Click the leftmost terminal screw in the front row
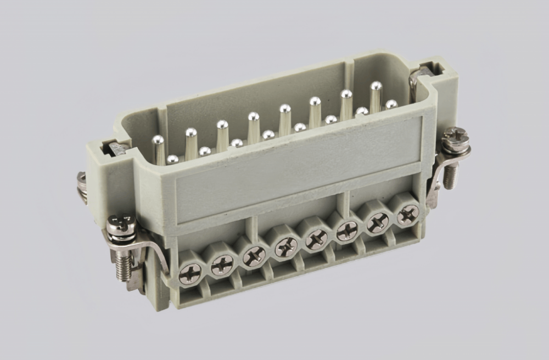(x=191, y=273)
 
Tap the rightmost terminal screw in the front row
(x=408, y=213)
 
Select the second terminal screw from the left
(x=222, y=265)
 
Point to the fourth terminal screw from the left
(x=286, y=248)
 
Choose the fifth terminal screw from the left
(x=317, y=239)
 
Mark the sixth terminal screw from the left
(x=348, y=230)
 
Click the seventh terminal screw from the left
(x=378, y=222)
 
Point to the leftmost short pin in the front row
(x=172, y=159)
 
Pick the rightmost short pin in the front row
(x=391, y=104)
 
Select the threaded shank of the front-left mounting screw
(x=123, y=266)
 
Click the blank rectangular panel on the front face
(x=296, y=164)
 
